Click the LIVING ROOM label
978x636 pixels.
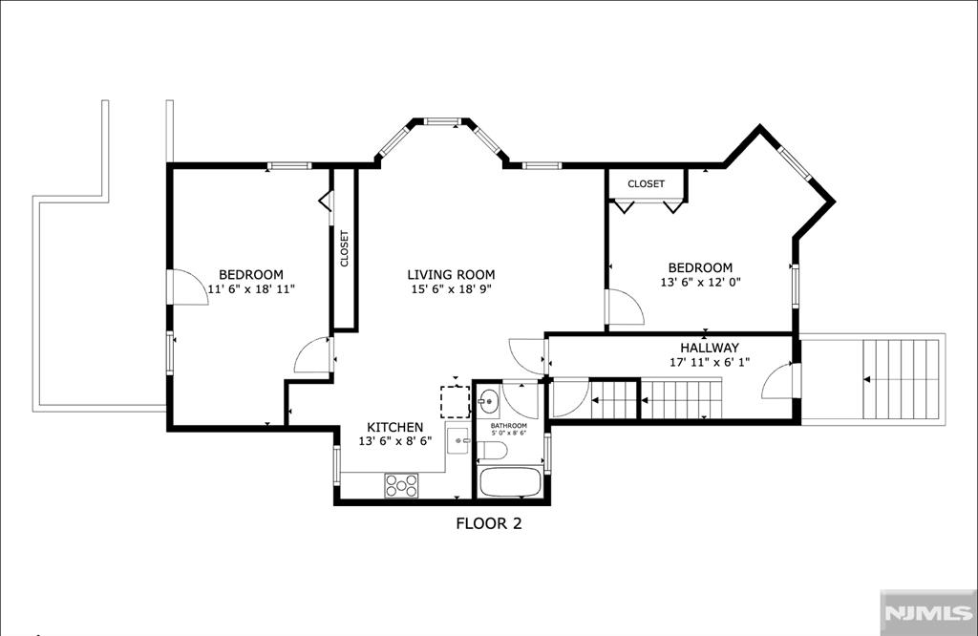pos(451,274)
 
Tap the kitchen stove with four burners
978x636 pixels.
pos(402,485)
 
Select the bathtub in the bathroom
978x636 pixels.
pos(510,481)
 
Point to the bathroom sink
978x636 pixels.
pos(488,398)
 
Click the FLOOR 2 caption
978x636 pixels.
pos(488,523)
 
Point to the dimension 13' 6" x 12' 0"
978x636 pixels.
pos(700,283)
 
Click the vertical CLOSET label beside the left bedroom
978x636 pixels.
pos(345,248)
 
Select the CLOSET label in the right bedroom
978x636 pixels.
pos(647,183)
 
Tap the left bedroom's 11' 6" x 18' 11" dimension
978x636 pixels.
pos(251,289)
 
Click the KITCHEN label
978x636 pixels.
pos(395,427)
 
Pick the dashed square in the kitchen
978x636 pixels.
pos(455,401)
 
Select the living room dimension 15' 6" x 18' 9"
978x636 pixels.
pos(451,289)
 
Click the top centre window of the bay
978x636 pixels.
pos(443,121)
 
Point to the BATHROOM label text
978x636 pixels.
pos(508,425)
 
